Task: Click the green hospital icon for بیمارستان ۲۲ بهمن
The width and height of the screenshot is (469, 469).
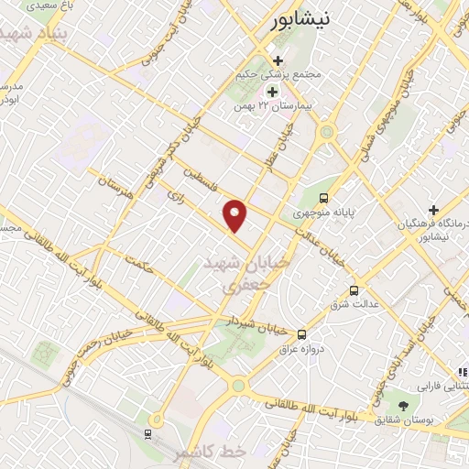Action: click(271, 92)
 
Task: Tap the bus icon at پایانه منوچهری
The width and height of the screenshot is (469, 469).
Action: click(322, 198)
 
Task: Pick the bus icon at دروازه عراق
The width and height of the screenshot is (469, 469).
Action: click(301, 334)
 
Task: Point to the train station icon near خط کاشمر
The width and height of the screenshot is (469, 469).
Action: click(148, 433)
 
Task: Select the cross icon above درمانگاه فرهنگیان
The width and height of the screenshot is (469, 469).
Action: click(433, 210)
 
